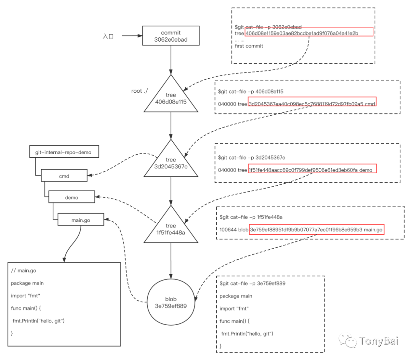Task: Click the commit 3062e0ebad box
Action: [171, 36]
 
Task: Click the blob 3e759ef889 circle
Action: [171, 302]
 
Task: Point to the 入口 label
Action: [108, 36]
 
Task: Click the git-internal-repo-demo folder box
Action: [64, 152]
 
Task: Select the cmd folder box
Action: [64, 175]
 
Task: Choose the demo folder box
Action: [72, 197]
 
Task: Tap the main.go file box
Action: [80, 219]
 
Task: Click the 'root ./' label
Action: [140, 91]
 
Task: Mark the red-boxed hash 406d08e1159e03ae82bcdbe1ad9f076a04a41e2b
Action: [309, 32]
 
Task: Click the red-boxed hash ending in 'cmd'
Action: [312, 102]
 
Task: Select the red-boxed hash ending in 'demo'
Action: [312, 169]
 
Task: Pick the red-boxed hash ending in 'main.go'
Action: [317, 229]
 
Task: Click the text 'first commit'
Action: [249, 46]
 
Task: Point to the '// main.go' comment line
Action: [24, 271]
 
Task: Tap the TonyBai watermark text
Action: [378, 341]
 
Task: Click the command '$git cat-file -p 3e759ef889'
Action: [253, 284]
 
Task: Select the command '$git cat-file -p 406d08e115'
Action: [251, 92]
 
